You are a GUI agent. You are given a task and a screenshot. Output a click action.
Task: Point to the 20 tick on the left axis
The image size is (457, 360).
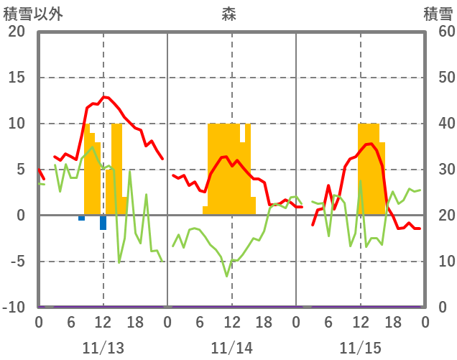(x=17, y=32)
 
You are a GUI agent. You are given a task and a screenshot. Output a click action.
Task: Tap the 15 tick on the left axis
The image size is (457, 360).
(x=17, y=78)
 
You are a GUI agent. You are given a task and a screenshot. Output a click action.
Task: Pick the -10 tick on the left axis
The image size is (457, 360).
(x=14, y=308)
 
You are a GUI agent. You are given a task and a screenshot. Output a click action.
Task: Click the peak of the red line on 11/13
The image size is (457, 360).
(x=104, y=96)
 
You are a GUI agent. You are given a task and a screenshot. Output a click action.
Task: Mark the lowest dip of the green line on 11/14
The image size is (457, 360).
(x=226, y=275)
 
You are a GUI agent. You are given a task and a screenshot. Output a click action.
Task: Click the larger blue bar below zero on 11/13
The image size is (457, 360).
(x=103, y=223)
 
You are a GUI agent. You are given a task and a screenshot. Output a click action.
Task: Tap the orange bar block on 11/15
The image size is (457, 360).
(x=369, y=169)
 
